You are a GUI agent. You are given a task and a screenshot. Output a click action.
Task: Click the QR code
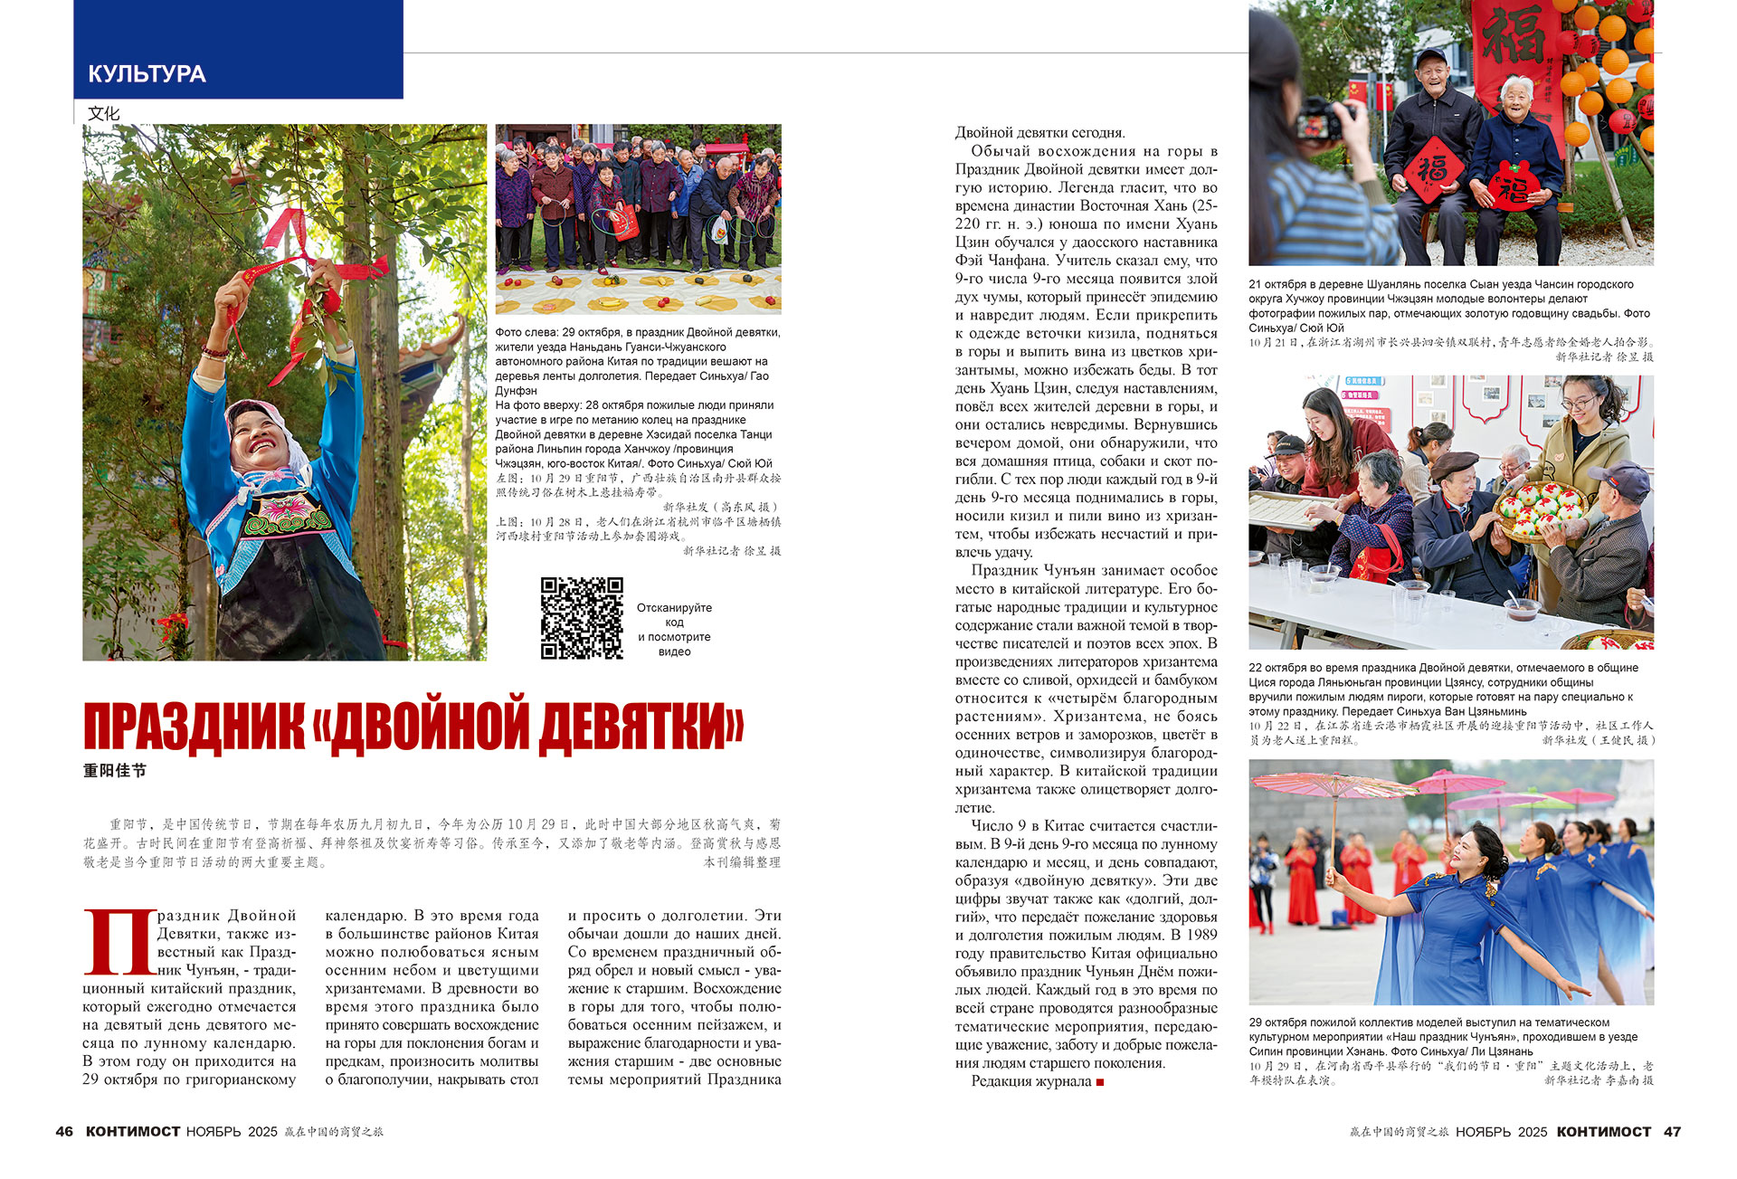pyautogui.click(x=582, y=618)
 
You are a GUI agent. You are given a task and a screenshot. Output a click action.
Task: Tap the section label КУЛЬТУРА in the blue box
pyautogui.click(x=147, y=74)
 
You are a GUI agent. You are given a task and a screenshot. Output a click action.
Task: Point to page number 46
pyautogui.click(x=64, y=1132)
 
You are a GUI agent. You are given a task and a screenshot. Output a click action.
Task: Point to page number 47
pyautogui.click(x=1672, y=1132)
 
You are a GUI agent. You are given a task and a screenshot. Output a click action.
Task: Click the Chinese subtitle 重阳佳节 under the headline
pyautogui.click(x=114, y=771)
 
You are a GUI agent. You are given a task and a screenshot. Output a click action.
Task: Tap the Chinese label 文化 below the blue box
pyautogui.click(x=103, y=113)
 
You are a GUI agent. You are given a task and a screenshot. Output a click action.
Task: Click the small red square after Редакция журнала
pyautogui.click(x=1100, y=1082)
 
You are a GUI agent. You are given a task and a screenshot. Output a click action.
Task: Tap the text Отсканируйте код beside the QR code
pyautogui.click(x=674, y=614)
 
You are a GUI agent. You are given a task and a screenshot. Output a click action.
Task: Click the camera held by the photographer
pyautogui.click(x=1322, y=122)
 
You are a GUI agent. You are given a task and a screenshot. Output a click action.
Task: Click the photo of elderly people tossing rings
pyautogui.click(x=638, y=219)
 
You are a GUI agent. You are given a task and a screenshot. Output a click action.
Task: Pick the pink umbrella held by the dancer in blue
pyautogui.click(x=1330, y=785)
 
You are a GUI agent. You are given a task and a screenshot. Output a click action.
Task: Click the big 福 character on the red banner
pyautogui.click(x=1513, y=36)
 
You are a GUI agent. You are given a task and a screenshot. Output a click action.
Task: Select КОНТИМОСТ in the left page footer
pyautogui.click(x=133, y=1132)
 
